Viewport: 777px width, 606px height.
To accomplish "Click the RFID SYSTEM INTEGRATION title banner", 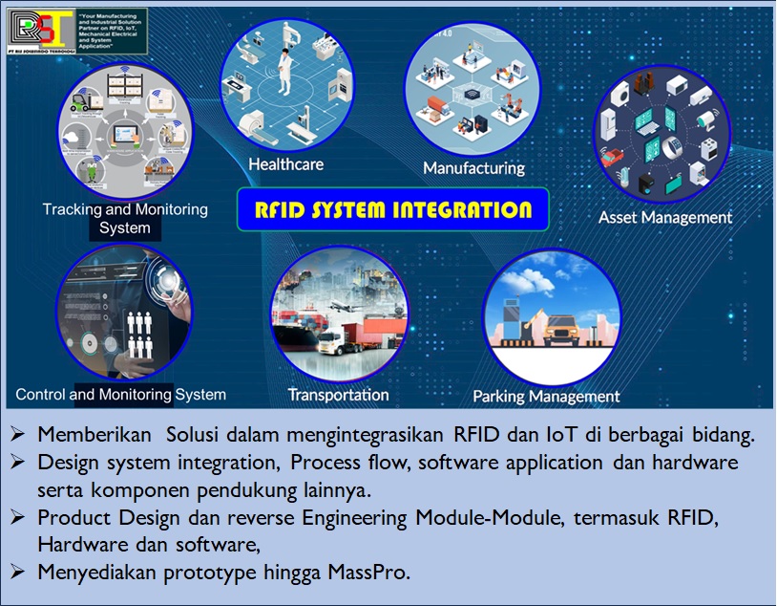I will coord(392,209).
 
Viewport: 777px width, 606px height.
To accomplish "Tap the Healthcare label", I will coord(285,164).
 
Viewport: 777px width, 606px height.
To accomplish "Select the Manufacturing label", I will coord(473,168).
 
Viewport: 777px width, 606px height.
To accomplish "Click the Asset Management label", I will coord(664,217).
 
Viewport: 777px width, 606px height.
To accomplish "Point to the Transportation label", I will coord(338,394).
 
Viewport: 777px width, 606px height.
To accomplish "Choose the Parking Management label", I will coord(546,396).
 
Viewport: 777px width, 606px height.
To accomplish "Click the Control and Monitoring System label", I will coord(120,394).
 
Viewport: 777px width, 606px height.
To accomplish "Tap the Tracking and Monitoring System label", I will coord(125,218).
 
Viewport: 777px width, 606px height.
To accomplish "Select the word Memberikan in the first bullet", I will coord(94,434).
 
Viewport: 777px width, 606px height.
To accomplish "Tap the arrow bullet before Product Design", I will coord(19,518).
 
